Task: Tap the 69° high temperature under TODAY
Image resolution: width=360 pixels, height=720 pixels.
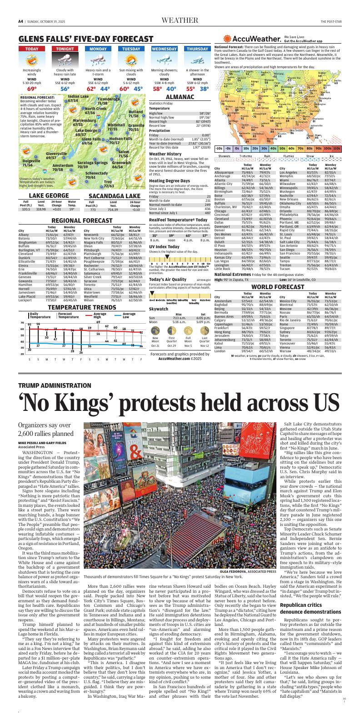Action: click(x=32, y=89)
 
